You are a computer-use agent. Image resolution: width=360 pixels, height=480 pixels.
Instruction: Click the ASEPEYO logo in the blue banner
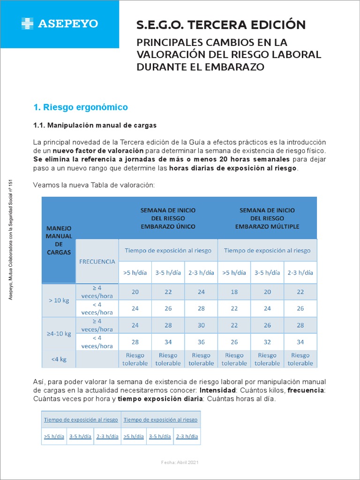tap(60, 23)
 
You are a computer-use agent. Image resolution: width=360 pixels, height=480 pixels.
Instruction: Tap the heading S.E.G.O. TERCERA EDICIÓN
tap(221, 24)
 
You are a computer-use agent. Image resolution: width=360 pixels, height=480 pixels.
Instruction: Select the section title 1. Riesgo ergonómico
tap(81, 107)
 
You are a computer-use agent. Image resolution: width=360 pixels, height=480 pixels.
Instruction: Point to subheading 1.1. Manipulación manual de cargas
tap(95, 126)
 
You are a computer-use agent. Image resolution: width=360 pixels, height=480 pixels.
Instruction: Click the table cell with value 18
tap(234, 292)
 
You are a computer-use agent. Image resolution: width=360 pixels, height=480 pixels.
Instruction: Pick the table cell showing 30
tap(201, 325)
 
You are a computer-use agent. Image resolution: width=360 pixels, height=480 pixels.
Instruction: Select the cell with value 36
tap(201, 342)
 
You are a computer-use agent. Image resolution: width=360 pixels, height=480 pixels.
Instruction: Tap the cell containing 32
tap(267, 342)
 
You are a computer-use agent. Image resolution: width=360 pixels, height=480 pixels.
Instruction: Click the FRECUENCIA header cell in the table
tap(97, 262)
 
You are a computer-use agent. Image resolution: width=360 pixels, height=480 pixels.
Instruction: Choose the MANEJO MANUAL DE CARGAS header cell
tap(59, 240)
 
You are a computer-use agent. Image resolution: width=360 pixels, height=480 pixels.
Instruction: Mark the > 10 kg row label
tap(59, 300)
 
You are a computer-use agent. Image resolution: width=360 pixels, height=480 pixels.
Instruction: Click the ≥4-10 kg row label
tap(59, 334)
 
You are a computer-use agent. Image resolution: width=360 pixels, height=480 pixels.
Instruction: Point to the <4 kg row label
tap(59, 359)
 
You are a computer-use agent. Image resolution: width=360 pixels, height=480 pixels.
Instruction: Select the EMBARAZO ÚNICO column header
tap(168, 218)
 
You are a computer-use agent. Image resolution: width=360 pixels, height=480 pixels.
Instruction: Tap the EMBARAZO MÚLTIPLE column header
tap(267, 218)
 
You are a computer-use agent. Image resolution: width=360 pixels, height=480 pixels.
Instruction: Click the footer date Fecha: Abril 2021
tap(180, 462)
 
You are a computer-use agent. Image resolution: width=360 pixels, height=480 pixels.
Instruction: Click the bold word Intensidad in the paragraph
tap(218, 390)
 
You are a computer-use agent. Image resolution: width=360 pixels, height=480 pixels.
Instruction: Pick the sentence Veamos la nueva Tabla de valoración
tap(94, 185)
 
